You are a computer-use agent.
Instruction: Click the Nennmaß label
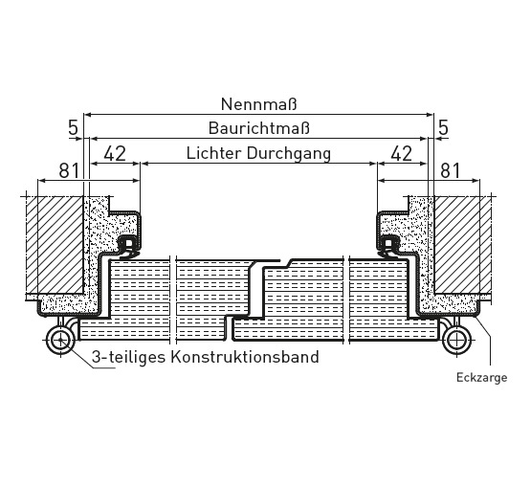258,104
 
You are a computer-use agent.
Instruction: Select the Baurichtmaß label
259,128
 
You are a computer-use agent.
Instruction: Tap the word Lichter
214,153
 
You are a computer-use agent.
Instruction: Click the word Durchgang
289,154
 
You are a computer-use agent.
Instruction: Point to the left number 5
73,128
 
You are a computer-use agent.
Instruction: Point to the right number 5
443,128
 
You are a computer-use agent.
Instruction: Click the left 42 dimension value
115,153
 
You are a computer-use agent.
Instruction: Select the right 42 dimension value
402,153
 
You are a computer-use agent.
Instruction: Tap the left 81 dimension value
69,170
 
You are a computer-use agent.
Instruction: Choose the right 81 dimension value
450,170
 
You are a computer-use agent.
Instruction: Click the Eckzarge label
481,378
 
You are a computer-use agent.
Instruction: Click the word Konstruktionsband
245,357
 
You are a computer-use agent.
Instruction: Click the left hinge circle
60,340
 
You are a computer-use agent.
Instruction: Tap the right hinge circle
456,340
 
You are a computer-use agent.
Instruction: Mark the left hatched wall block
55,245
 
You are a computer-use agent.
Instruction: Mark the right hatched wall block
463,245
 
